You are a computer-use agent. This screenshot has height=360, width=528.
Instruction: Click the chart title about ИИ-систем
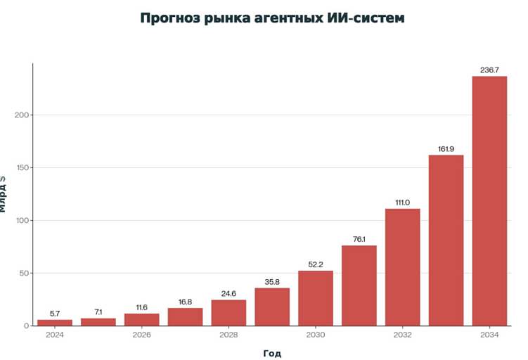(272, 18)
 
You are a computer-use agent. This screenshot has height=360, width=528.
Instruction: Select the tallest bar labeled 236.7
(489, 200)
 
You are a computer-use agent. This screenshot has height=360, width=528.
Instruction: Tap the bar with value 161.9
(446, 240)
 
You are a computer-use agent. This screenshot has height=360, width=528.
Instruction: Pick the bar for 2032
(402, 267)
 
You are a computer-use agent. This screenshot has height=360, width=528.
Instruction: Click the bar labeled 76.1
(359, 285)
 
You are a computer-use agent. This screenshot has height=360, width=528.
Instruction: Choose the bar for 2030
(316, 298)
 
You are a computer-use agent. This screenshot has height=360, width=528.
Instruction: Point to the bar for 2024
(55, 323)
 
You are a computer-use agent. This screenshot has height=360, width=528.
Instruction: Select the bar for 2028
(228, 313)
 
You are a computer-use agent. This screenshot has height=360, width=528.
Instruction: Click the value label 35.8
(272, 283)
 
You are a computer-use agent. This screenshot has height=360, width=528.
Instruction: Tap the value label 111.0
(402, 202)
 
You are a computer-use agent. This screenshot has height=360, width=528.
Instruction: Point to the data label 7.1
(98, 312)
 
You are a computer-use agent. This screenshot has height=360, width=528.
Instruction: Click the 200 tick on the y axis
(22, 115)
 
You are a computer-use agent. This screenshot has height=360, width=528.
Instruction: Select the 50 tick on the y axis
(24, 274)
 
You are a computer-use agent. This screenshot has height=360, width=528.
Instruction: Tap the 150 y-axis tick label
(22, 168)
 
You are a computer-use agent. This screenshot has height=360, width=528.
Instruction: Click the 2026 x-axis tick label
(141, 335)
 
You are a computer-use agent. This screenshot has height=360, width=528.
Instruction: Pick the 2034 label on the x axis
(489, 335)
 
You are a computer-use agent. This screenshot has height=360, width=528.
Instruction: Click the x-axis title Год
(272, 353)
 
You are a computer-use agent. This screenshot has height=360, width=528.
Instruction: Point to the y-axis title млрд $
(4, 193)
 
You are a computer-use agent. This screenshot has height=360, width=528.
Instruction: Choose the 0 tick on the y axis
(26, 326)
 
